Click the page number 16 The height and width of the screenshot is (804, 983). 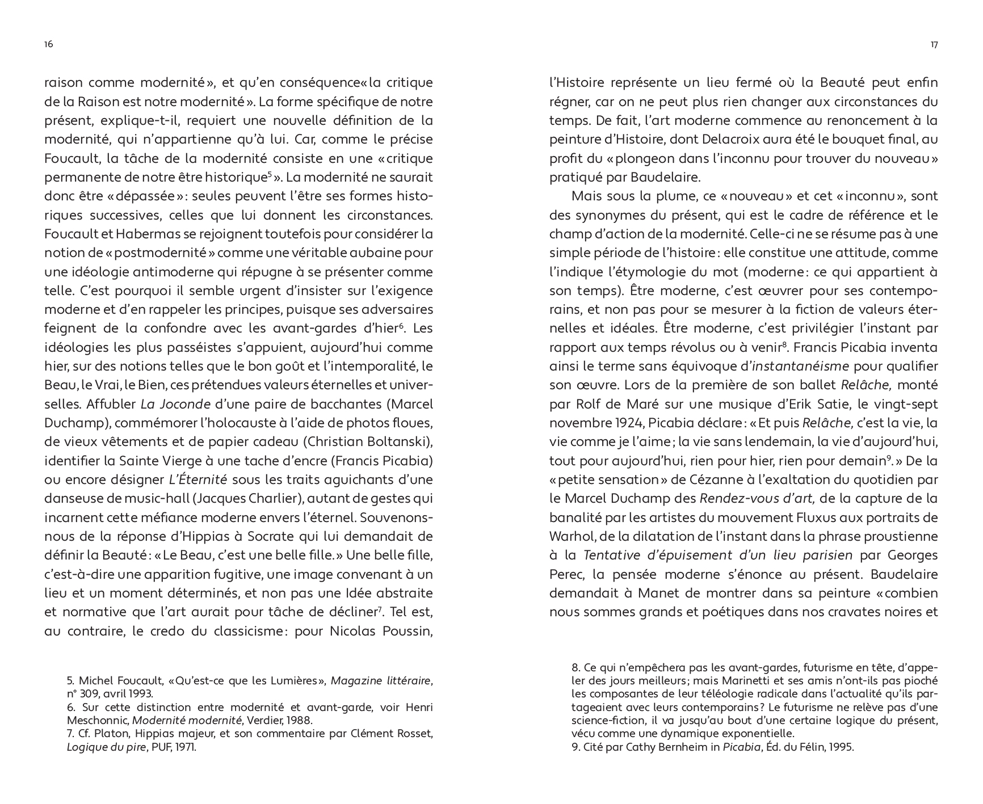[49, 44]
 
